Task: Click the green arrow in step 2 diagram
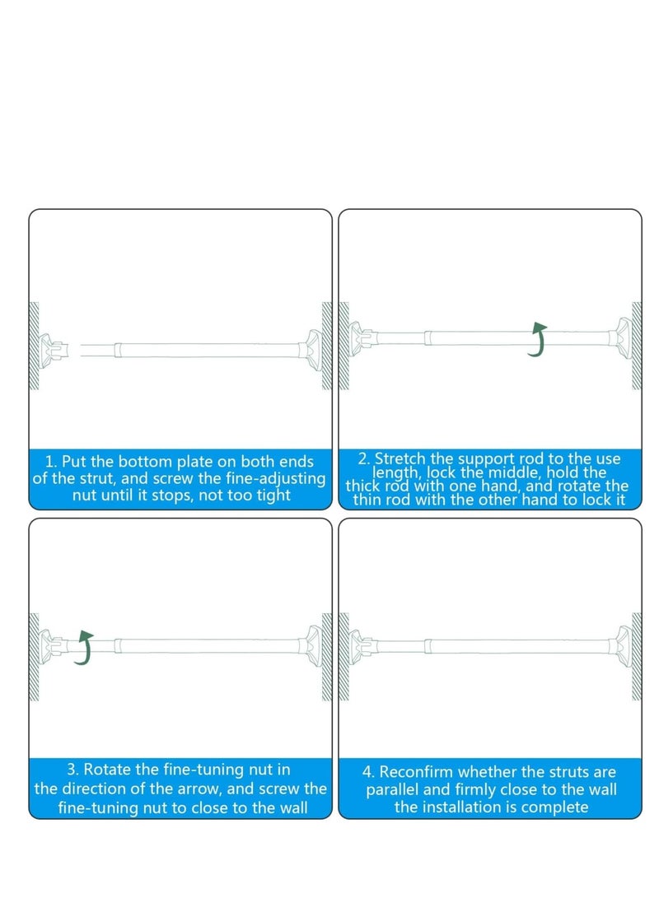tap(538, 340)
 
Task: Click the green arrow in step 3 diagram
tap(83, 648)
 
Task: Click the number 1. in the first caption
tap(51, 462)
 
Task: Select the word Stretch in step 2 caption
tap(399, 458)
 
